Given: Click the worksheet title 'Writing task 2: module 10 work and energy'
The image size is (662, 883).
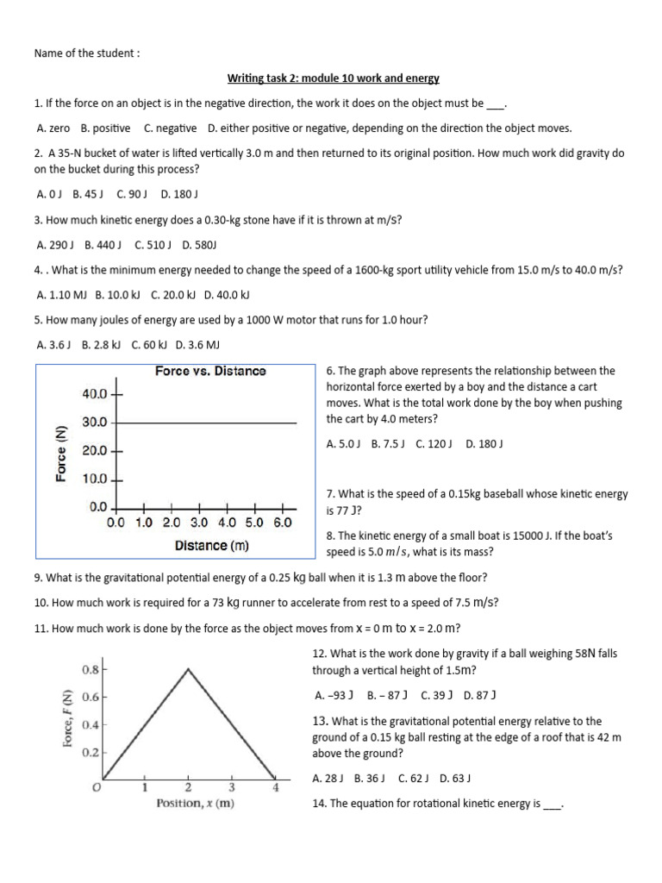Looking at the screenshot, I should tap(333, 78).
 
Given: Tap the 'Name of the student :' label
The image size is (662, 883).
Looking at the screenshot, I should tap(86, 53).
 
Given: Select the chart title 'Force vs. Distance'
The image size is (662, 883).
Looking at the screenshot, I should tap(210, 372).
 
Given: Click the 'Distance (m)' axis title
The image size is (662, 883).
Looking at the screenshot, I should tap(211, 546).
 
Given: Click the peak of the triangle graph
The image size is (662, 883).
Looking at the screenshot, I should tap(188, 668).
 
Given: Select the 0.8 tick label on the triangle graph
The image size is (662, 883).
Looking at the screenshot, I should tap(90, 668).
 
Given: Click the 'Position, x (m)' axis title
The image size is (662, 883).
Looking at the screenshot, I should tap(195, 804).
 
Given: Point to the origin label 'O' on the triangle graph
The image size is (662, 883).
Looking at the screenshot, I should tap(97, 786).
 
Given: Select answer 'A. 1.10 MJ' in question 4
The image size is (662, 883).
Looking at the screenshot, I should tap(62, 294).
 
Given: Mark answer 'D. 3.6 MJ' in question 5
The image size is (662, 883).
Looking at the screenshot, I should tap(198, 344).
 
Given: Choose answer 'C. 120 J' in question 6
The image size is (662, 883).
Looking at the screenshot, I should tap(435, 444).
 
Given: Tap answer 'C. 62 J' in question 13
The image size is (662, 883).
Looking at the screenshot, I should tap(414, 779).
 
